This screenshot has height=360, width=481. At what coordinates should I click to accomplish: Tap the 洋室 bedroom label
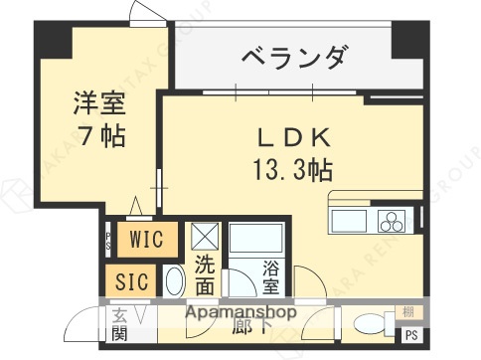[x=96, y=102]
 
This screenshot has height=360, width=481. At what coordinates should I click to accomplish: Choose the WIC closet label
[x=146, y=239]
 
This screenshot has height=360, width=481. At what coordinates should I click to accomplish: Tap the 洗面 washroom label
[x=204, y=275]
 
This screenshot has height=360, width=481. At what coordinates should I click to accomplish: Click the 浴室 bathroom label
[x=270, y=275]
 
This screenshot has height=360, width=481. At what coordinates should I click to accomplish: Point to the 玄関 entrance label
[x=119, y=325]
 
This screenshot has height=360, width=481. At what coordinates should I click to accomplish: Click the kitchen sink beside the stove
[x=350, y=220]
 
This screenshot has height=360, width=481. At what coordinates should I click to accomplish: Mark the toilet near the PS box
[x=369, y=324]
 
